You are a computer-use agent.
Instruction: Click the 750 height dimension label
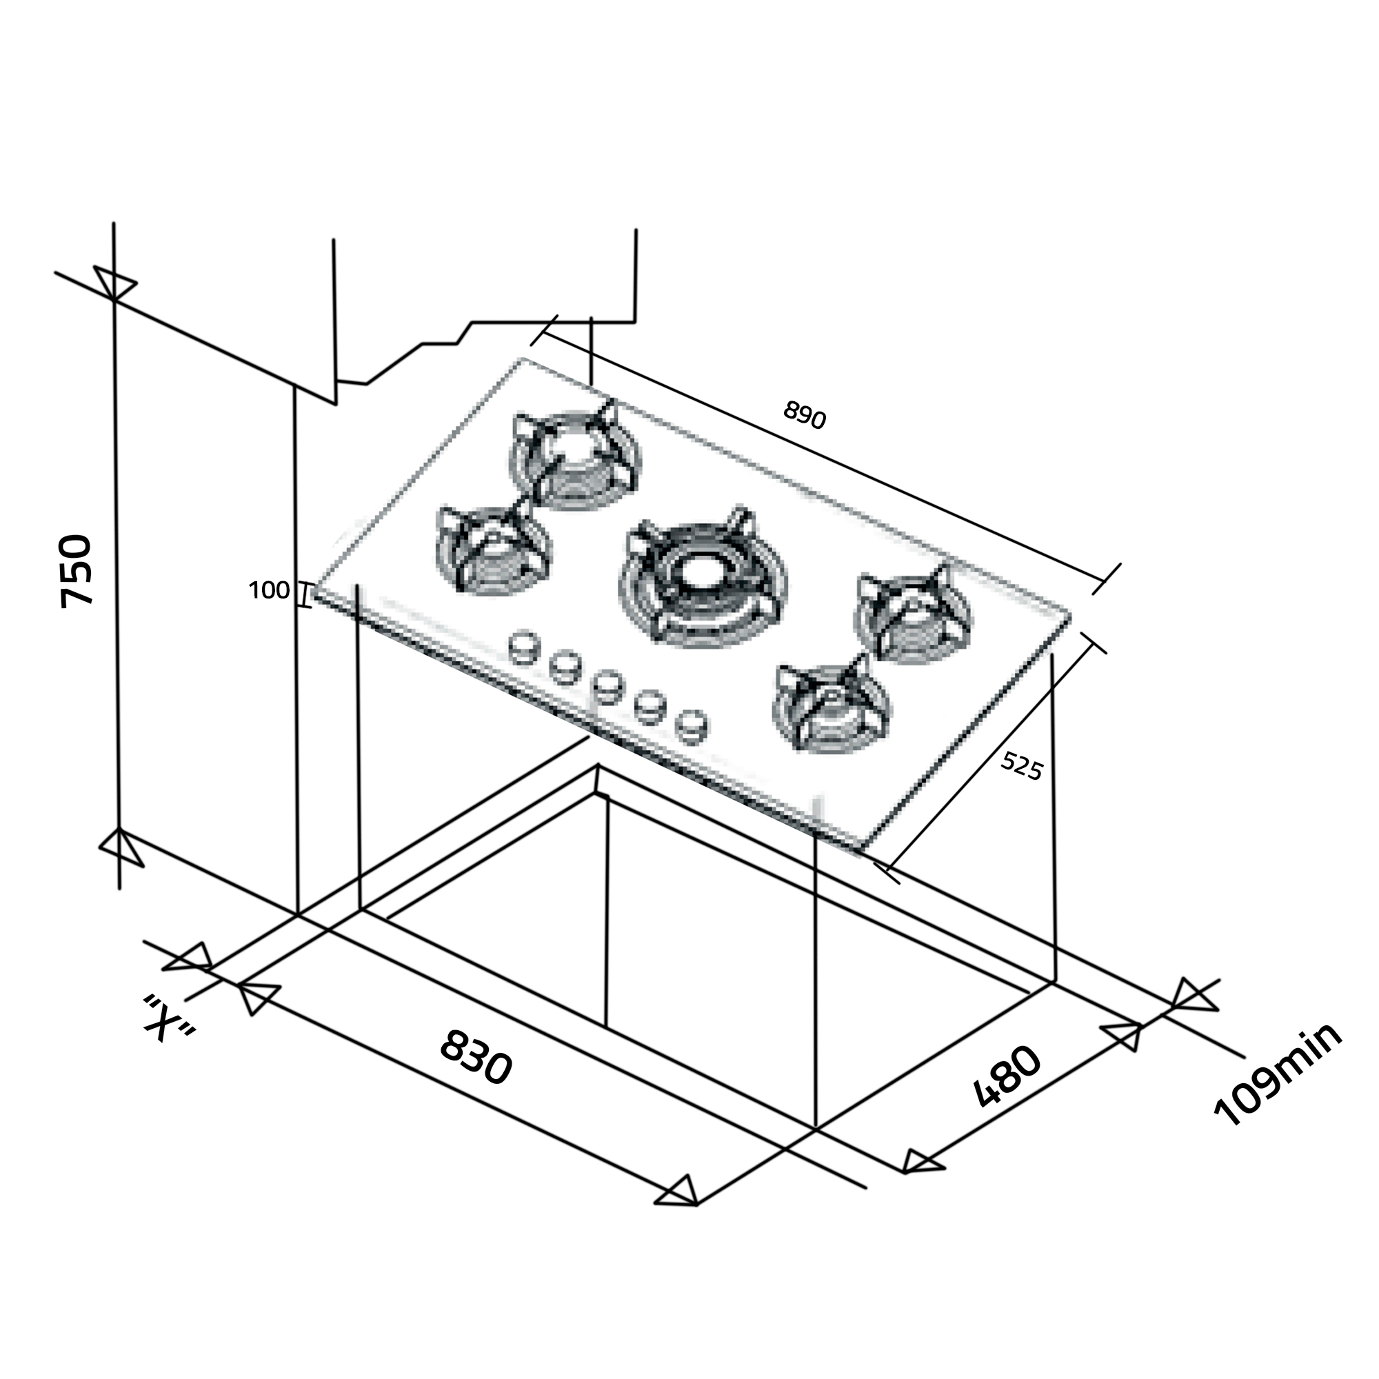tap(77, 571)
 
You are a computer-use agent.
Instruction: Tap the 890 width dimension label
tap(805, 414)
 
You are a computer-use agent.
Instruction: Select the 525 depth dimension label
tap(1022, 766)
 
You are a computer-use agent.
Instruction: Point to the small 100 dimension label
tap(269, 590)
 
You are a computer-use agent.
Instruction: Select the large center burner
tap(704, 578)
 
